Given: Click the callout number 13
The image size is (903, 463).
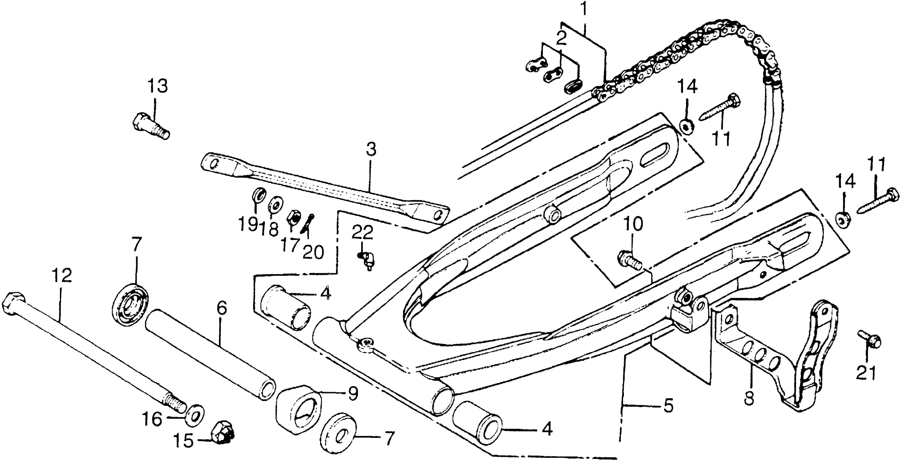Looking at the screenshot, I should click(157, 86).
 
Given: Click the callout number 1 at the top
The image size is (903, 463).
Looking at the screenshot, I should click(584, 10).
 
